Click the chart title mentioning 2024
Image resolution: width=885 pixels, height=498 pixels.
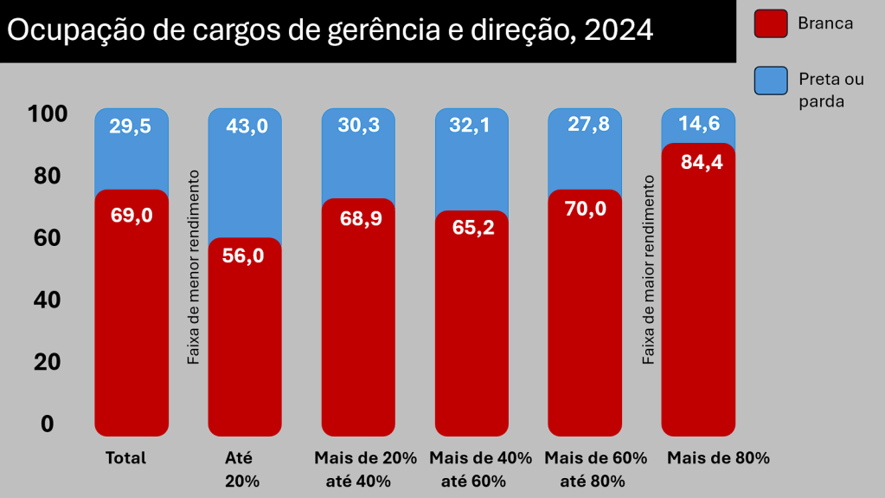coord(330,30)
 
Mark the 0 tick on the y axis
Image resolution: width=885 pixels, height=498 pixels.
coord(47,424)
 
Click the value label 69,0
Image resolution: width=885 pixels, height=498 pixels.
coord(131,215)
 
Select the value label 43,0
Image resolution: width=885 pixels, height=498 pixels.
coord(247,126)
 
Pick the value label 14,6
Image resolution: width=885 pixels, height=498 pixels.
coord(700,123)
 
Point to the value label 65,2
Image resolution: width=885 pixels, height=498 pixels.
coord(473,228)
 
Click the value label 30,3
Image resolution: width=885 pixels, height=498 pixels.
coord(360,126)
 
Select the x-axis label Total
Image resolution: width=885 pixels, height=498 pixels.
coord(125,458)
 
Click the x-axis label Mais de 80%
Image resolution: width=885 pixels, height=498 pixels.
coord(718,458)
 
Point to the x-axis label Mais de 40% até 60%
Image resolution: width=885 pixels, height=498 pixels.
coord(480,469)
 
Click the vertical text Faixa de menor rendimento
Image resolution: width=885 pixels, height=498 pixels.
coord(194,267)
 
